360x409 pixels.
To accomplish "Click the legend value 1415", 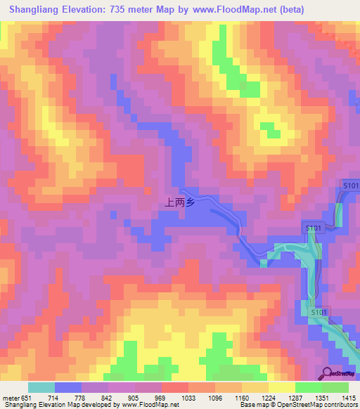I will point(348,397).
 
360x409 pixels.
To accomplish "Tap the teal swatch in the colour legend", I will point(41,387).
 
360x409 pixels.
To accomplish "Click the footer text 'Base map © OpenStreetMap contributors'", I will point(299,405).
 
